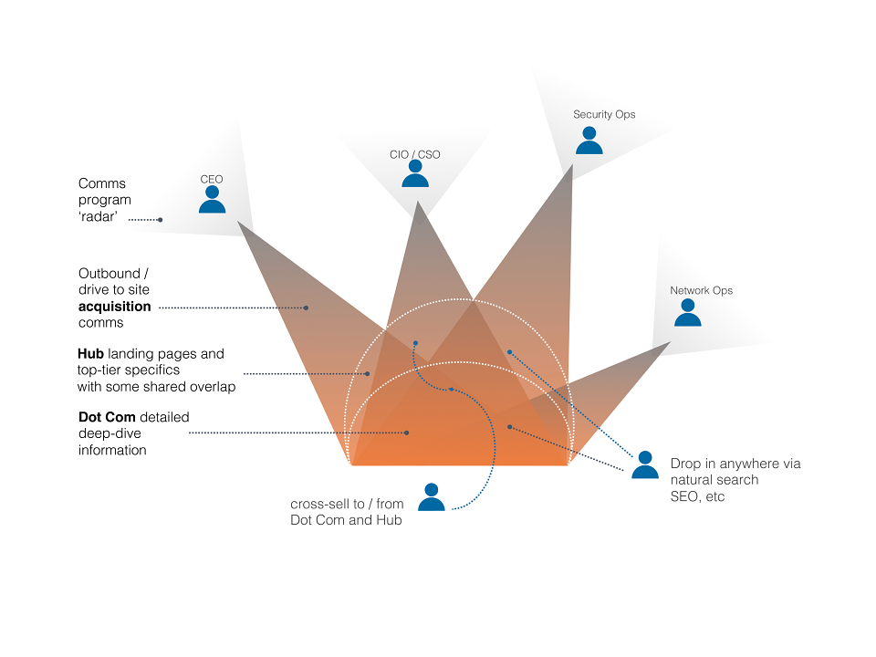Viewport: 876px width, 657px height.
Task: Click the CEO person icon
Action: (x=213, y=200)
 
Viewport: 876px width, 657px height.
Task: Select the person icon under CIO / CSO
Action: (x=415, y=173)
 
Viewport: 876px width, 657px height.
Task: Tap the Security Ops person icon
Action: (x=589, y=141)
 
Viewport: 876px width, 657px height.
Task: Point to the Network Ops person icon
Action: (x=688, y=312)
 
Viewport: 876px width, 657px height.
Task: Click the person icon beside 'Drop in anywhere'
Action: (x=645, y=464)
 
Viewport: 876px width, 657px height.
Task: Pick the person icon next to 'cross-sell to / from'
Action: (x=432, y=496)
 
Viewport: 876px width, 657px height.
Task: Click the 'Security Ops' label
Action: (x=604, y=115)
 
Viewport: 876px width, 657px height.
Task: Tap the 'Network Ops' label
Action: (x=701, y=290)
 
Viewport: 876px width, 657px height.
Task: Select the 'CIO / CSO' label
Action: (x=414, y=155)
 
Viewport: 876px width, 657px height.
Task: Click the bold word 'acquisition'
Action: (x=115, y=307)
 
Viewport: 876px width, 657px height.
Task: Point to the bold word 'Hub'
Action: (x=90, y=354)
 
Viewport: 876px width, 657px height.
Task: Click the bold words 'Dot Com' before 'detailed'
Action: (x=107, y=417)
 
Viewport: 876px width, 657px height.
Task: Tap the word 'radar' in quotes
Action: (x=99, y=217)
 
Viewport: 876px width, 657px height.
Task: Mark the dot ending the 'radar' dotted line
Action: (x=161, y=220)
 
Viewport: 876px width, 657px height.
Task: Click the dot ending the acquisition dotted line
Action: (x=307, y=308)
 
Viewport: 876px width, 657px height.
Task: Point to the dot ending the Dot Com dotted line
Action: (x=407, y=433)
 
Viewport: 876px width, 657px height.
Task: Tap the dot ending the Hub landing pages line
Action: (x=368, y=374)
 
